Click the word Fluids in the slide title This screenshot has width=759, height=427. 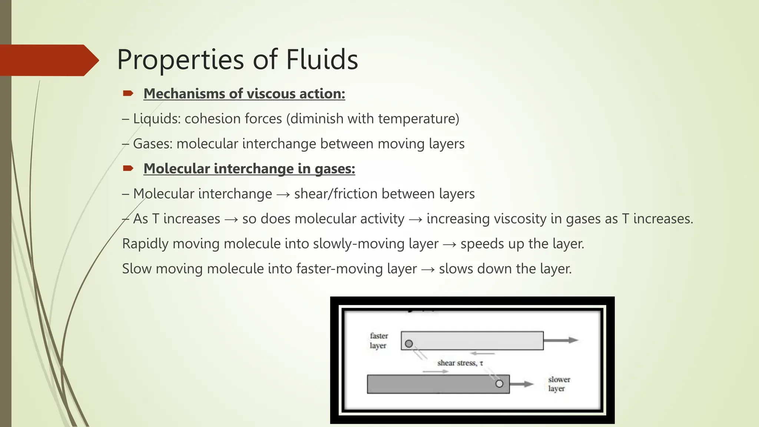(322, 59)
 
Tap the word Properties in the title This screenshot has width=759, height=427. (180, 60)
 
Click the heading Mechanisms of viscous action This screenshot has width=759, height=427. (244, 94)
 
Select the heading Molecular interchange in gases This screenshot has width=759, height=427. (249, 169)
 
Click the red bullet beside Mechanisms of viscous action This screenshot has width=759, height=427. (128, 93)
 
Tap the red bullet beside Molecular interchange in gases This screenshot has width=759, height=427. (128, 169)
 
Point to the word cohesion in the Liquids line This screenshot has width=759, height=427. (210, 119)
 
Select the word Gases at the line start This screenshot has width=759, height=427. (153, 144)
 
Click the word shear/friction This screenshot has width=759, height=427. (336, 194)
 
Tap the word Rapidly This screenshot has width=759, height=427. (145, 244)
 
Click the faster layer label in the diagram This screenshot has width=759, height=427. (378, 341)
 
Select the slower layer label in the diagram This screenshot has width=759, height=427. (559, 384)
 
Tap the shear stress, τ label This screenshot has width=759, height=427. (460, 363)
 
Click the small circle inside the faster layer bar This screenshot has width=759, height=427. (409, 344)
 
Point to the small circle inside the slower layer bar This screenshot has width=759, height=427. (499, 384)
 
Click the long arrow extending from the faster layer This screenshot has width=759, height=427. (561, 340)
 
